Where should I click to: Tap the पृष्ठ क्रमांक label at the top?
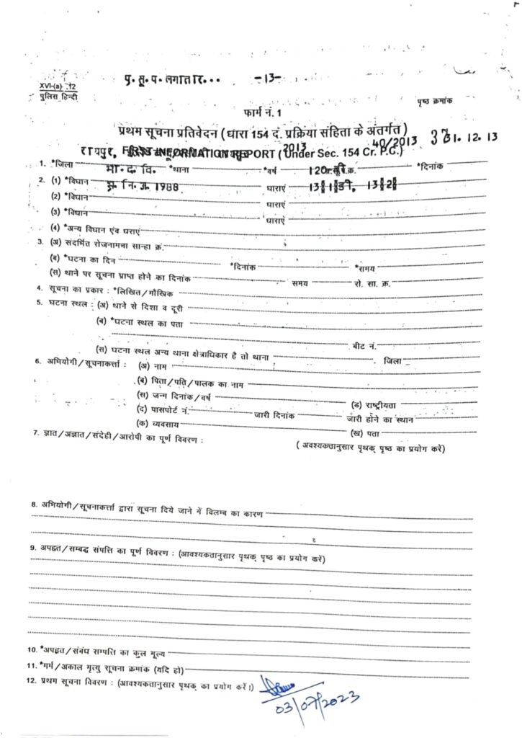click(434, 97)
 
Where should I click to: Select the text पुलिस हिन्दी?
click(59, 95)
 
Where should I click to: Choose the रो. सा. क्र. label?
click(372, 283)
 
